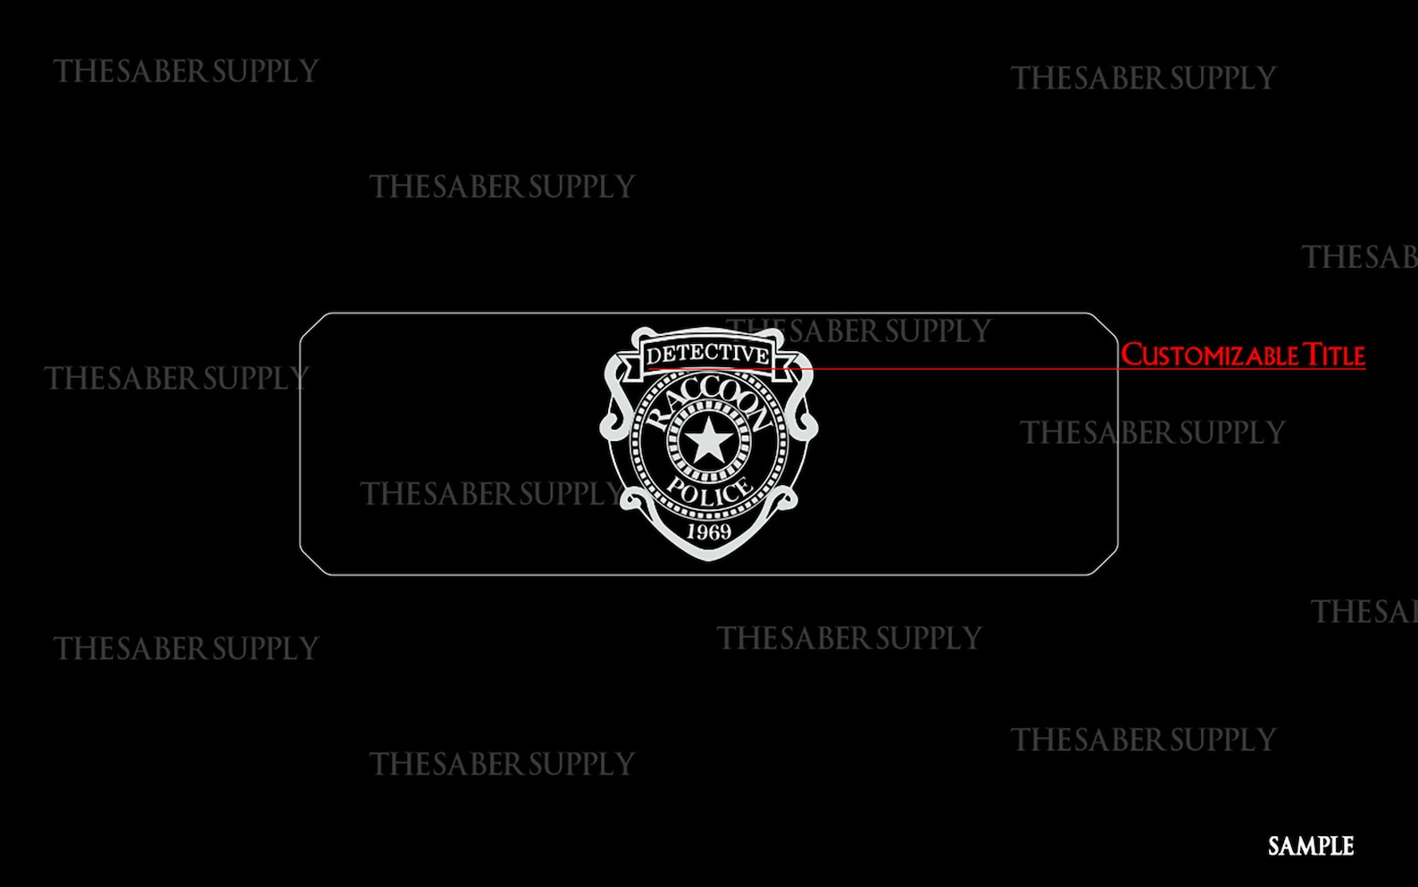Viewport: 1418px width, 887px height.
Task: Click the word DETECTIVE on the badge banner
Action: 707,355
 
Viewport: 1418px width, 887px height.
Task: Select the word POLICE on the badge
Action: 710,491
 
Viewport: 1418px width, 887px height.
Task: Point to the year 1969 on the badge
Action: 709,531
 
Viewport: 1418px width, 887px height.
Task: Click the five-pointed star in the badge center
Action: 708,440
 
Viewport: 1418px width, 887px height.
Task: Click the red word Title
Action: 1334,356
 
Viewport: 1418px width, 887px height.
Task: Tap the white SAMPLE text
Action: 1310,846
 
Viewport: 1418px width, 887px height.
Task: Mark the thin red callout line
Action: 1006,368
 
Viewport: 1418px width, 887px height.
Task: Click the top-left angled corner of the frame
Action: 314,327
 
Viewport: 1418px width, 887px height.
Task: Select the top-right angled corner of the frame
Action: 1104,327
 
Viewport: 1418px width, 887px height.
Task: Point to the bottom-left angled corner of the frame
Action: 314,561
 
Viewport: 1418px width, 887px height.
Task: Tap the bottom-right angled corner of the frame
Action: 1104,561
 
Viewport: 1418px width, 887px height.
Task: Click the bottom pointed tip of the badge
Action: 708,560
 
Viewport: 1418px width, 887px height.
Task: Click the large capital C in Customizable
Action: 1131,355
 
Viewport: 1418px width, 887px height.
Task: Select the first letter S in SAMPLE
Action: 1275,846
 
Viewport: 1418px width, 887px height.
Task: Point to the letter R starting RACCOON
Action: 656,419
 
